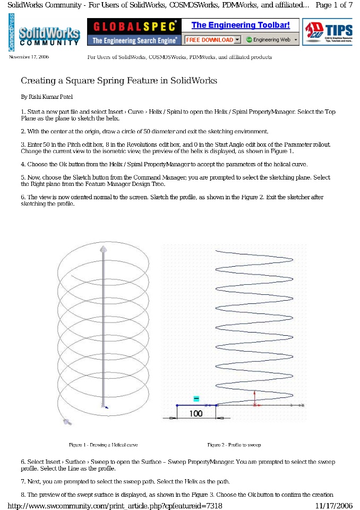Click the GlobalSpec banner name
pyautogui.click(x=134, y=26)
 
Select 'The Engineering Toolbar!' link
pyautogui.click(x=241, y=25)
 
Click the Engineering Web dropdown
pyautogui.click(x=271, y=40)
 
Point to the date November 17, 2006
pyautogui.click(x=29, y=57)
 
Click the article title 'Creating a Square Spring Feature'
pyautogui.click(x=119, y=81)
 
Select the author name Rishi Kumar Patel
pyautogui.click(x=47, y=97)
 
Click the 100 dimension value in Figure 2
pyautogui.click(x=196, y=413)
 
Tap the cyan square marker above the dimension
pyautogui.click(x=196, y=398)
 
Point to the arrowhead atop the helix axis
pyautogui.click(x=103, y=249)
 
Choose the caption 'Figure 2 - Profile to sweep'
pyautogui.click(x=234, y=445)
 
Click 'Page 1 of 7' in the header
pyautogui.click(x=334, y=5)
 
